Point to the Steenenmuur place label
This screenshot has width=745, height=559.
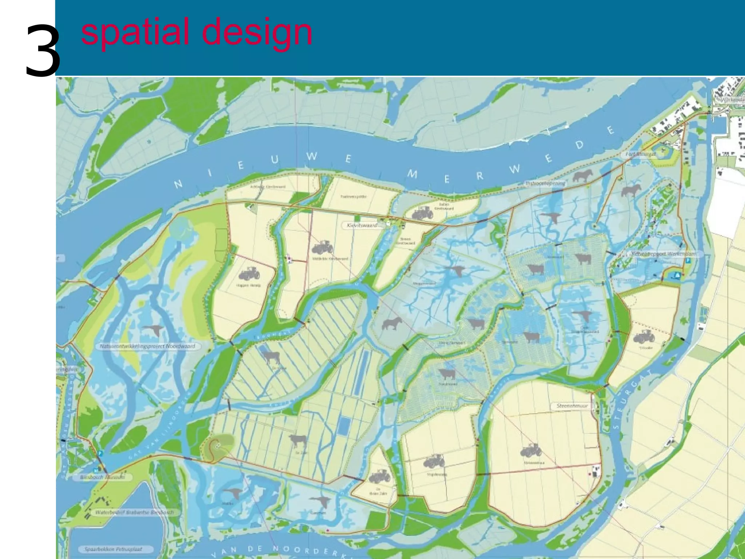572,405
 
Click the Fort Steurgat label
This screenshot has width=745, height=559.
641,154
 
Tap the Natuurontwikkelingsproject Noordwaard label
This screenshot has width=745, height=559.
147,346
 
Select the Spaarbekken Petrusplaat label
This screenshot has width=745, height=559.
113,549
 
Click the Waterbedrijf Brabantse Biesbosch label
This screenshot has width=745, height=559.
134,512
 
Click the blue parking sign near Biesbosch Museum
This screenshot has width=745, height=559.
100,453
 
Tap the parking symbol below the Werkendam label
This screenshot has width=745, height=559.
688,261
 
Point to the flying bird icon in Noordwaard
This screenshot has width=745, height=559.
156,330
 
